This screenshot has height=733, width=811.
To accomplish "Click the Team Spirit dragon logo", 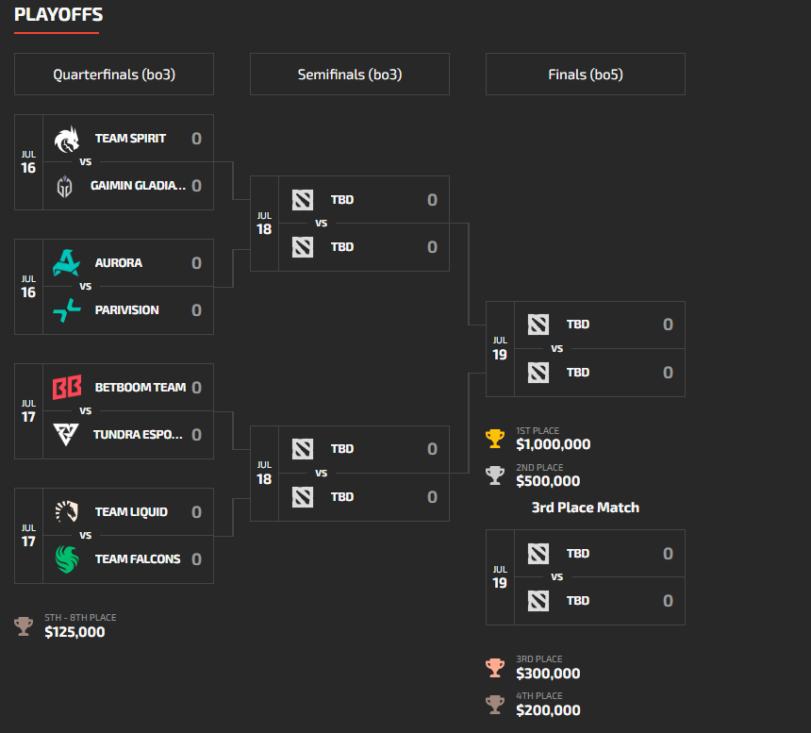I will coord(67,139).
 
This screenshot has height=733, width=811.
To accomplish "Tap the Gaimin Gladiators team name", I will coord(139,186).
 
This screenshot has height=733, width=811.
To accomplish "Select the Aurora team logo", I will coord(67,263).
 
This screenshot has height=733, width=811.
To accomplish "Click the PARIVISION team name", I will coord(126,310).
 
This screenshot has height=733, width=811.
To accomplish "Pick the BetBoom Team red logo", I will coord(67,388).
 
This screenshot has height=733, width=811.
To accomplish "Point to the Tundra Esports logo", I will coord(67,435).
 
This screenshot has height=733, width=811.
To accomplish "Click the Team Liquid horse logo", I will coord(67,512).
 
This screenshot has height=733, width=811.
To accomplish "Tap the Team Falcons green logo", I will coord(67,559).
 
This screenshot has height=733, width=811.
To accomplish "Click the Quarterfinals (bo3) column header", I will coord(114,75).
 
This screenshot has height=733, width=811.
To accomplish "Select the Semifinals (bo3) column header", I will coord(350,75).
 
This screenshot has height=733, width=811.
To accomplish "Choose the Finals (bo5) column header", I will coord(586,75).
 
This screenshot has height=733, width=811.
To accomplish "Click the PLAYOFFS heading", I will coord(58,15).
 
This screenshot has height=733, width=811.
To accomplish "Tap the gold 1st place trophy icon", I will coord(495,439).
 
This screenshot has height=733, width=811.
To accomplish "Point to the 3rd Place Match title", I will coord(586,508).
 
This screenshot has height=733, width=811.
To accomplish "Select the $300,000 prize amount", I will coord(548,674).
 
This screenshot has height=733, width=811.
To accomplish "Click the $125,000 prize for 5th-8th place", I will coord(74,632).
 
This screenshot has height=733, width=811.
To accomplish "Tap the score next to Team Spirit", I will coord(196,139).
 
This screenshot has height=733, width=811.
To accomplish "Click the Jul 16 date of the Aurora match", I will coord(28,287).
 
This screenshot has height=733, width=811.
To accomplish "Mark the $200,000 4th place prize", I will coord(548,710).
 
